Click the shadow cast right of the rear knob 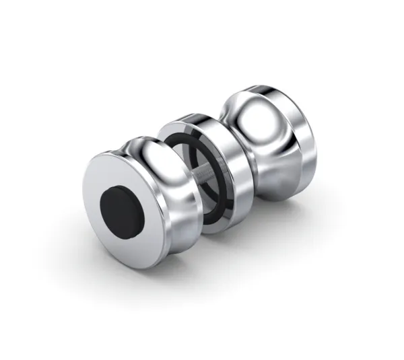coord(323,202)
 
